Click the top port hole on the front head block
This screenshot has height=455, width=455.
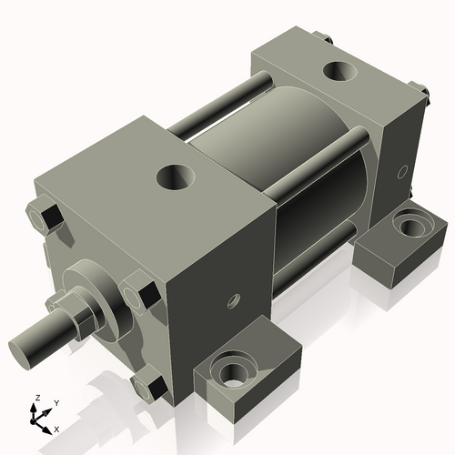point(174,176)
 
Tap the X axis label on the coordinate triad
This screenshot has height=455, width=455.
point(56,428)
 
